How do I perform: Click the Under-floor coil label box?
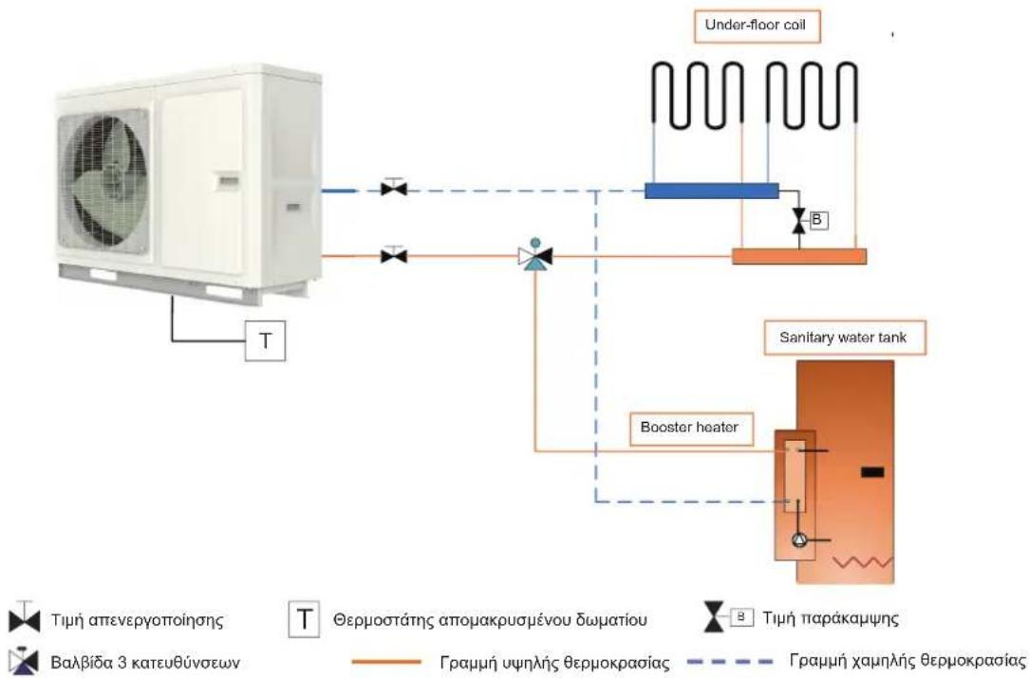point(757,27)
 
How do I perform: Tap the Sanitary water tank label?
point(845,338)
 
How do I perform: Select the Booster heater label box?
point(691,429)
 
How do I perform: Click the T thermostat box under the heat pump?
point(265,341)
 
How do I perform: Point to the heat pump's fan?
point(103,181)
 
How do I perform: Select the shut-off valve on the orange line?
point(394,254)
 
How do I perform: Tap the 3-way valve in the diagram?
point(535,254)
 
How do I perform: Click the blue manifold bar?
point(712,191)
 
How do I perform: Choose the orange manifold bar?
point(799,256)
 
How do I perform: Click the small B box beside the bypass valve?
point(817,220)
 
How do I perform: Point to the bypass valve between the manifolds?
point(798,220)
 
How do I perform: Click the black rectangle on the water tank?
point(872,472)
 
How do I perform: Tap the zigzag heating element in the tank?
point(862,562)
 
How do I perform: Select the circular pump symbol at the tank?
point(799,540)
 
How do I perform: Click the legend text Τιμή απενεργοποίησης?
point(137,619)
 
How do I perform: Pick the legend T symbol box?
point(304,619)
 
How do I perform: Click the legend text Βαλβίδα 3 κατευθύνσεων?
point(145,662)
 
